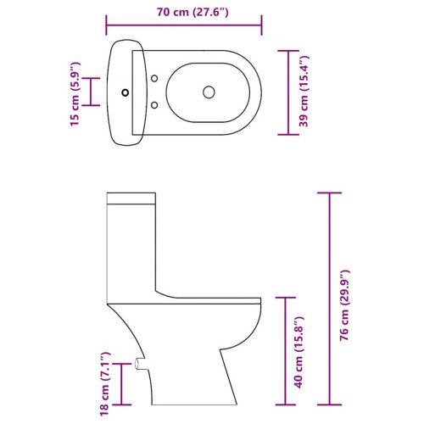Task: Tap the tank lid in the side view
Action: click(132, 200)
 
